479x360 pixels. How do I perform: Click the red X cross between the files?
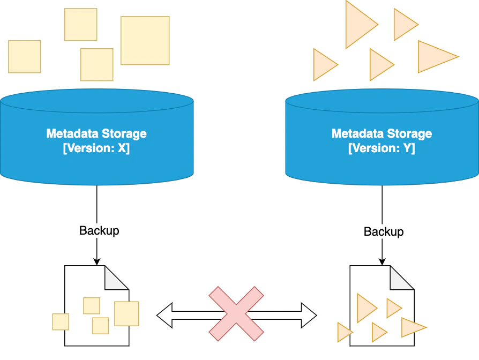pos(236,313)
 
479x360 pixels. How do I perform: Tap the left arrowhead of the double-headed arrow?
pos(164,316)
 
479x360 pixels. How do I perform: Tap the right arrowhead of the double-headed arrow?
pos(309,316)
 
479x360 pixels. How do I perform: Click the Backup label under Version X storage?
pos(99,230)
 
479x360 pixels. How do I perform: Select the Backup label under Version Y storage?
pos(384,232)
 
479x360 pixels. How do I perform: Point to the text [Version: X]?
pos(96,148)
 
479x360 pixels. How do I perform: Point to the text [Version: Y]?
pos(382,148)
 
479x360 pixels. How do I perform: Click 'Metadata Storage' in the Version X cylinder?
pos(96,134)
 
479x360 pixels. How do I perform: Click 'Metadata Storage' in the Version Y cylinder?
pos(382,134)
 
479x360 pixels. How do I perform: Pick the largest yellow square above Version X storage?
pos(145,41)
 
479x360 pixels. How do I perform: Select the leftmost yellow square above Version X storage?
pos(25,56)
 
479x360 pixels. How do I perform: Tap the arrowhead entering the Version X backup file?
pos(97,261)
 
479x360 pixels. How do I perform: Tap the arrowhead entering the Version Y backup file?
pos(382,261)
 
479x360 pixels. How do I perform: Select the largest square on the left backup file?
pos(126,313)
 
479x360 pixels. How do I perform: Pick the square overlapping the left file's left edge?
pos(61,322)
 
